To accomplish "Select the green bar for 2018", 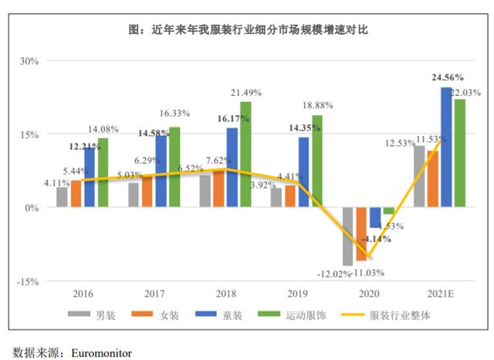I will (245, 155).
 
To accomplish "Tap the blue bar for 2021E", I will (446, 147).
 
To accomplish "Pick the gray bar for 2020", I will (347, 236).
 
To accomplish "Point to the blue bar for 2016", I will (90, 177).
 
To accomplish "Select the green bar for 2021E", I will (460, 153).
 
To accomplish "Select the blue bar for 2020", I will (375, 218).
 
